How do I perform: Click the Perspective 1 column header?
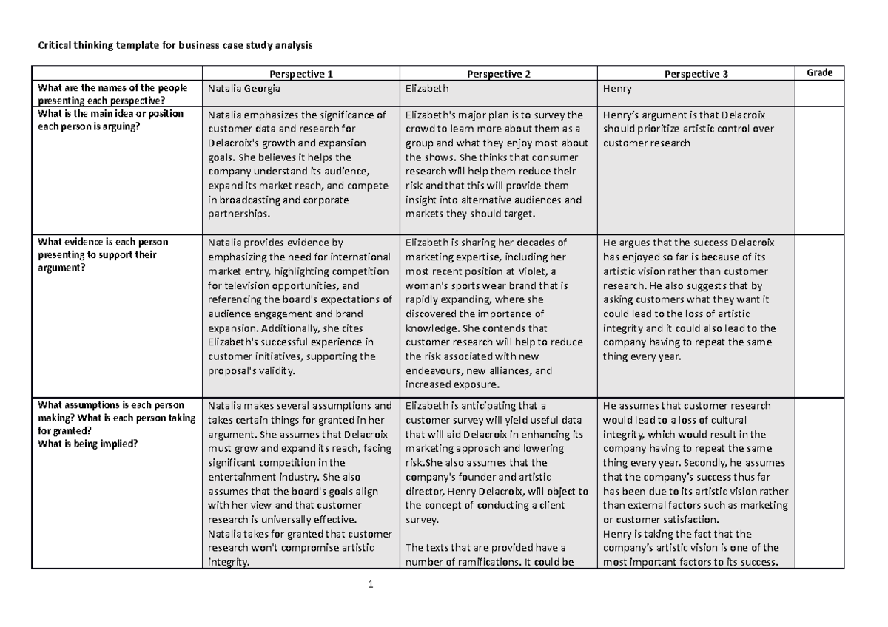(301, 74)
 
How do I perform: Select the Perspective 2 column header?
(499, 74)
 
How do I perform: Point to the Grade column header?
(819, 72)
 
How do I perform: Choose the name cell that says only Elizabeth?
(428, 88)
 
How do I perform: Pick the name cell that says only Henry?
(617, 88)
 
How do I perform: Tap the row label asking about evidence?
(104, 254)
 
